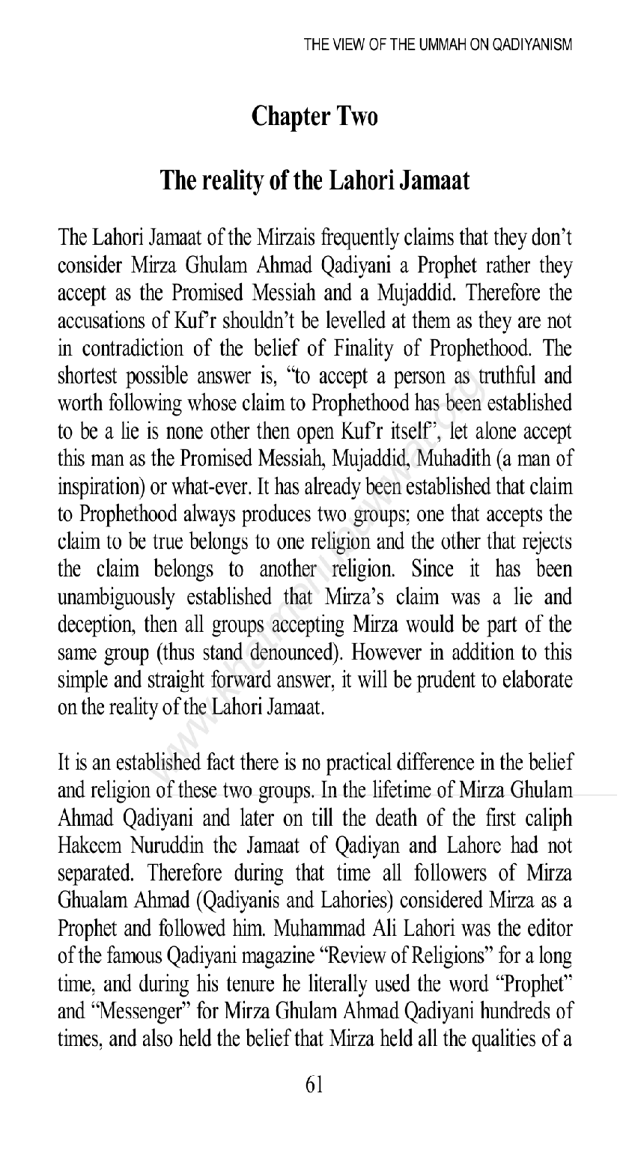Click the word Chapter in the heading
point(288,116)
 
